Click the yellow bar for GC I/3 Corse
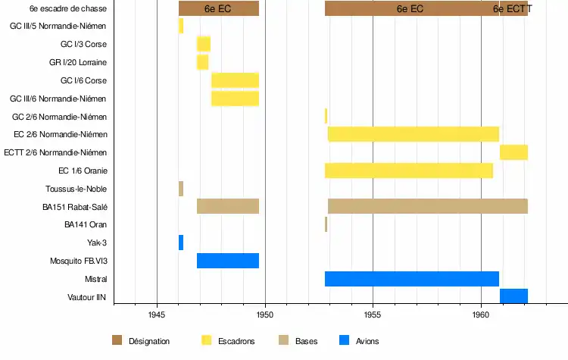(x=204, y=44)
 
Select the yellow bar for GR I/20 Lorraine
(x=202, y=62)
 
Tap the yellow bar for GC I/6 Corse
(x=235, y=80)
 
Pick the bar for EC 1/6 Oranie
(x=409, y=171)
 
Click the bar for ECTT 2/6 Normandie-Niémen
(x=513, y=152)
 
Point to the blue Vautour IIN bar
(x=513, y=296)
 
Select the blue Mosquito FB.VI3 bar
(x=228, y=261)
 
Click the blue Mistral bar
(x=411, y=279)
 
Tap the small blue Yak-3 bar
(x=181, y=243)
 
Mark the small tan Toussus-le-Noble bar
(x=181, y=189)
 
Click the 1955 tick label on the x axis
(x=373, y=314)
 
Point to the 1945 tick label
(x=157, y=314)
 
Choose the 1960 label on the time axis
(x=481, y=314)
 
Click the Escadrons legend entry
(x=236, y=342)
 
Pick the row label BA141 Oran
(x=86, y=225)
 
